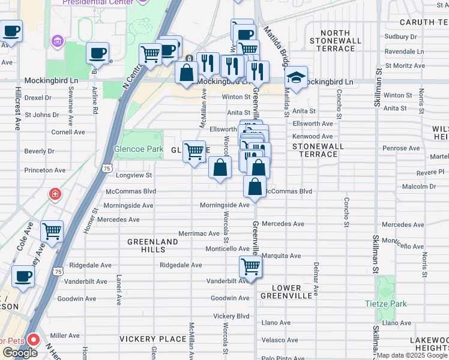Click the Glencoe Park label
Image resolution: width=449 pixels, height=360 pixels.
point(137,149)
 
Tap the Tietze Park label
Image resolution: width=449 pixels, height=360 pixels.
point(385,304)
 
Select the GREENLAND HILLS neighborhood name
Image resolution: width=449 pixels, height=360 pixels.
point(152,246)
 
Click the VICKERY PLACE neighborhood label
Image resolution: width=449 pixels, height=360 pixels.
point(152,339)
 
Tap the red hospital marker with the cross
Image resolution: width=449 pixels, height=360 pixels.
point(55,194)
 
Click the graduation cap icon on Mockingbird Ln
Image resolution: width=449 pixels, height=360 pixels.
point(296,77)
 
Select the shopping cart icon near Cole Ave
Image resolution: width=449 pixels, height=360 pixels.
point(52,230)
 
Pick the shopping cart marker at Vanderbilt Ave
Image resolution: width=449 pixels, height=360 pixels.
point(250,266)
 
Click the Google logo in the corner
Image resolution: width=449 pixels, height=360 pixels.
point(20,353)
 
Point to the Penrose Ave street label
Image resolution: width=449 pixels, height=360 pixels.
point(402,148)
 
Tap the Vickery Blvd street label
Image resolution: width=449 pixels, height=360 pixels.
point(231,316)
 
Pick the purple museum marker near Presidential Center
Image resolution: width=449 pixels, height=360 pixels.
point(58,42)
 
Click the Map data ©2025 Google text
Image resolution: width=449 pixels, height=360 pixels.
point(412,355)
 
